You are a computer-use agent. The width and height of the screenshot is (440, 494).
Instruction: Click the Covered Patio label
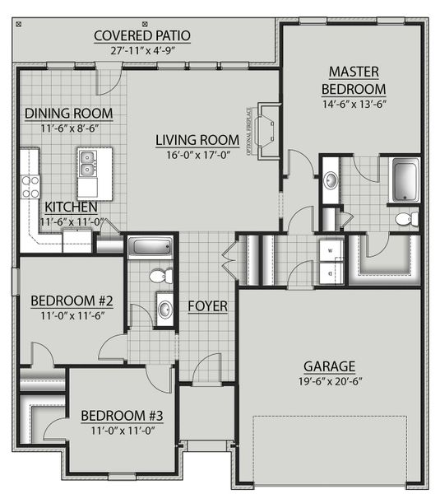(142, 35)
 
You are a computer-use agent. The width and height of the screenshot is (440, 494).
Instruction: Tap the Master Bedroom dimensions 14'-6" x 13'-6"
(353, 105)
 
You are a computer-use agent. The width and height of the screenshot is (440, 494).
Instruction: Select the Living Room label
(197, 139)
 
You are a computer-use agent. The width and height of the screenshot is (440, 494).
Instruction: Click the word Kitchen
(72, 207)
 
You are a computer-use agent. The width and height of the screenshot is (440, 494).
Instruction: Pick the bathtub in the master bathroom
(403, 181)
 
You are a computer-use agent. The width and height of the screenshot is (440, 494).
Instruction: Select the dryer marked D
(331, 272)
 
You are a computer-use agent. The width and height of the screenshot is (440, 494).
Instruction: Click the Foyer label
(207, 306)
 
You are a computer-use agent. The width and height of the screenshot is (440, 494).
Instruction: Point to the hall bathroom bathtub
(150, 246)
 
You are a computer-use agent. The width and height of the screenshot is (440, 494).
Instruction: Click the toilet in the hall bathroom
(162, 275)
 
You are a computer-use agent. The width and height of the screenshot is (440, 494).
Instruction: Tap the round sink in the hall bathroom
(164, 310)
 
